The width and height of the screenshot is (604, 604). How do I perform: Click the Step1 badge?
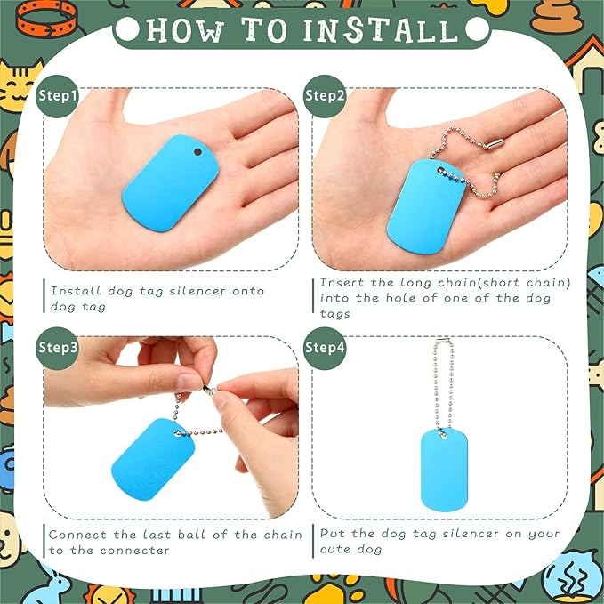[x=58, y=96]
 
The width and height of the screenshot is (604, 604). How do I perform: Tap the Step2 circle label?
[x=325, y=96]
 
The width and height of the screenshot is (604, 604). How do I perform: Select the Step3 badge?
[x=58, y=348]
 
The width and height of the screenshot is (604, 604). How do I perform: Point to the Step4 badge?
[x=325, y=348]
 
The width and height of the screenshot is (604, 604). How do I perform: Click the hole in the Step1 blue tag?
[x=197, y=152]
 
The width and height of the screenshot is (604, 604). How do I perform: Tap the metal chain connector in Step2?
[x=495, y=144]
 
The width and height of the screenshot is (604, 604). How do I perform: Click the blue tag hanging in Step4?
[x=444, y=470]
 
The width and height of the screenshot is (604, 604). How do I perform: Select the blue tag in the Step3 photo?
[x=153, y=459]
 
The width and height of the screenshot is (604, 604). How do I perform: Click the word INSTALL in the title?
[x=381, y=30]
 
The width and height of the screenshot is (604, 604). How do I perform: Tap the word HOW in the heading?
[x=185, y=30]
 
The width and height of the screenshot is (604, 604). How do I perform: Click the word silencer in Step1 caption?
[x=197, y=291]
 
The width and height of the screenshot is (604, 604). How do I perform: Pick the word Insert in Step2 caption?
[x=342, y=282]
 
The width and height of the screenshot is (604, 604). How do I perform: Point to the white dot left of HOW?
[x=127, y=28]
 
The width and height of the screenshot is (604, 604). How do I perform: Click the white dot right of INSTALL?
[x=478, y=28]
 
